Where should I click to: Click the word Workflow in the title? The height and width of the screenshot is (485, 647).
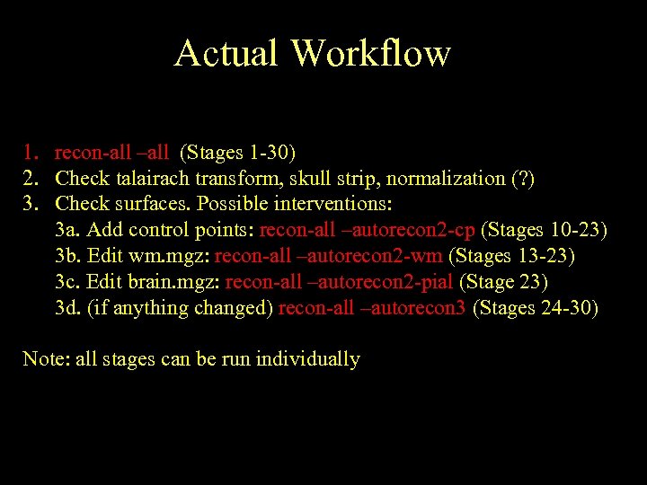(x=370, y=53)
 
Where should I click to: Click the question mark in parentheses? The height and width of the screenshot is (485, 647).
(x=522, y=178)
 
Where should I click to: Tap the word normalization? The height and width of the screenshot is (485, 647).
(x=446, y=178)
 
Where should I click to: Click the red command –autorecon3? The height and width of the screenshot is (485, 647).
(x=412, y=308)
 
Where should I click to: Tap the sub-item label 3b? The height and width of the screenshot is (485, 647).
(x=67, y=256)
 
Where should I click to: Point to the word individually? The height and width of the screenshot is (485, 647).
(x=308, y=359)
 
